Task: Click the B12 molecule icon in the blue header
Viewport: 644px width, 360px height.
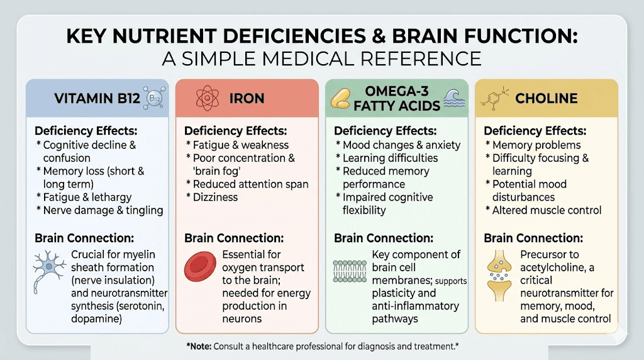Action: [x=154, y=98]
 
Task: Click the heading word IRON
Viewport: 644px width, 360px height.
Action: [x=247, y=98]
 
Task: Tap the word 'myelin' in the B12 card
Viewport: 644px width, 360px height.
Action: [x=138, y=254]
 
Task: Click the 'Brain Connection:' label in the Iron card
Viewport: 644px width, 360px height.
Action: [x=234, y=239]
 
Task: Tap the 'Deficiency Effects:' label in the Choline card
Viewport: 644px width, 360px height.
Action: [x=535, y=131]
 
